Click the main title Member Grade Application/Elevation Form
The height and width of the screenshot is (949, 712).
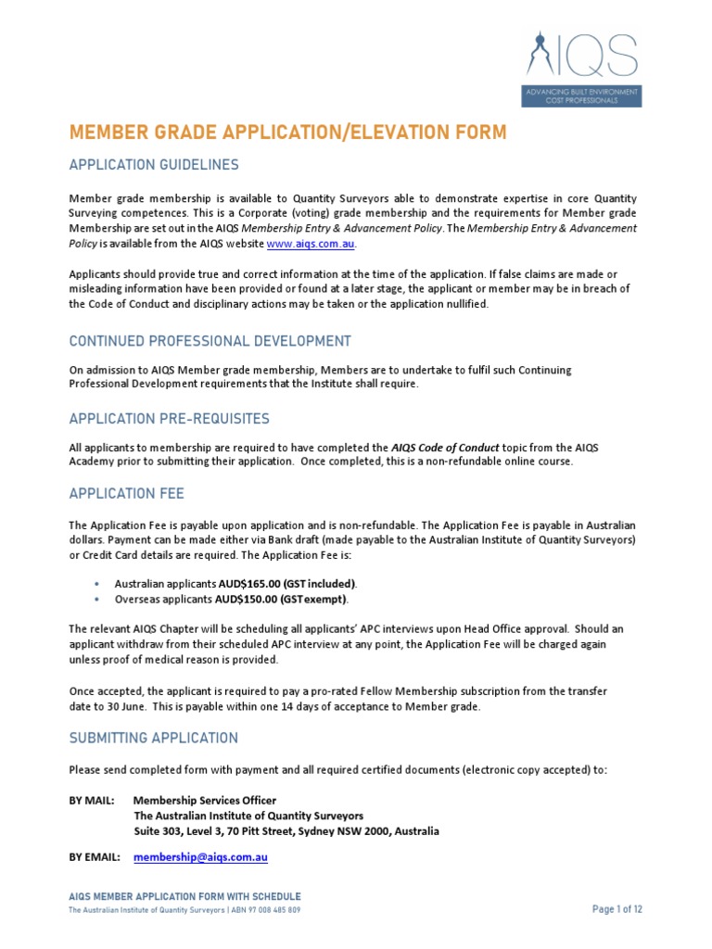pos(287,133)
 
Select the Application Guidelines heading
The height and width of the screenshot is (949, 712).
pos(154,165)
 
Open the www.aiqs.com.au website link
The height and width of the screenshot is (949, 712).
pos(311,244)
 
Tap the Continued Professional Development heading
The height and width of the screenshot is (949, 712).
pos(210,341)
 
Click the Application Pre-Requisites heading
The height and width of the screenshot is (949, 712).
pos(170,419)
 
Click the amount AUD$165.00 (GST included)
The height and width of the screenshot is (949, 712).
pos(286,584)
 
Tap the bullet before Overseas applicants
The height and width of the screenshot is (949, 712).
pos(97,599)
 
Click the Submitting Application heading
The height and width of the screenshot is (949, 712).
pos(153,739)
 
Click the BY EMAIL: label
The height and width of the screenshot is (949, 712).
pos(95,858)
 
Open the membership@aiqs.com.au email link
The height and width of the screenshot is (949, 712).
pos(200,858)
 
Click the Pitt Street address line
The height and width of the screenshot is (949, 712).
pos(286,831)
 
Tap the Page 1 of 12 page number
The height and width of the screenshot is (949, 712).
pos(617,909)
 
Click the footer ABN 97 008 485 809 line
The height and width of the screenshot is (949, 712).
pos(184,910)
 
